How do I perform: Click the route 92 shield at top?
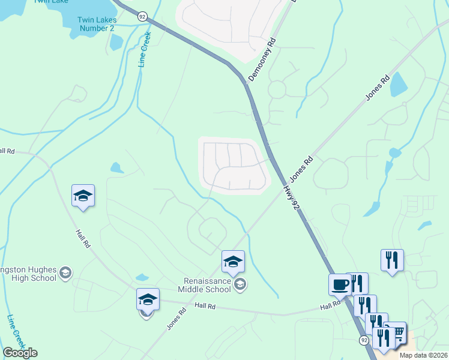pyautogui.click(x=142, y=17)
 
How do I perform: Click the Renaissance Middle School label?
pyautogui.click(x=207, y=285)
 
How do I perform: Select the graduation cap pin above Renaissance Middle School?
pyautogui.click(x=233, y=262)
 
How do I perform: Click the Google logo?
pyautogui.click(x=20, y=353)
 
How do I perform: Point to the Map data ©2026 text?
pyautogui.click(x=423, y=355)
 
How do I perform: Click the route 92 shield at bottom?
pyautogui.click(x=364, y=340)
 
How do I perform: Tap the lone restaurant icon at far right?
pyautogui.click(x=392, y=260)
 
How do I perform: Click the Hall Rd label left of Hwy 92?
pyautogui.click(x=329, y=306)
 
